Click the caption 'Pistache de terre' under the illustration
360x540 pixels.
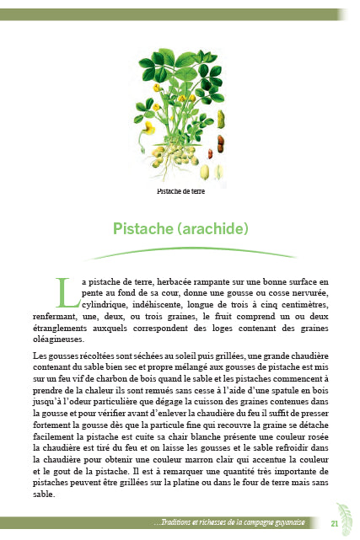(180, 191)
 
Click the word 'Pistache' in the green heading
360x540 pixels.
(144, 227)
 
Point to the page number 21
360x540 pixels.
(335, 524)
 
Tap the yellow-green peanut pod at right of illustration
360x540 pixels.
(222, 119)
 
